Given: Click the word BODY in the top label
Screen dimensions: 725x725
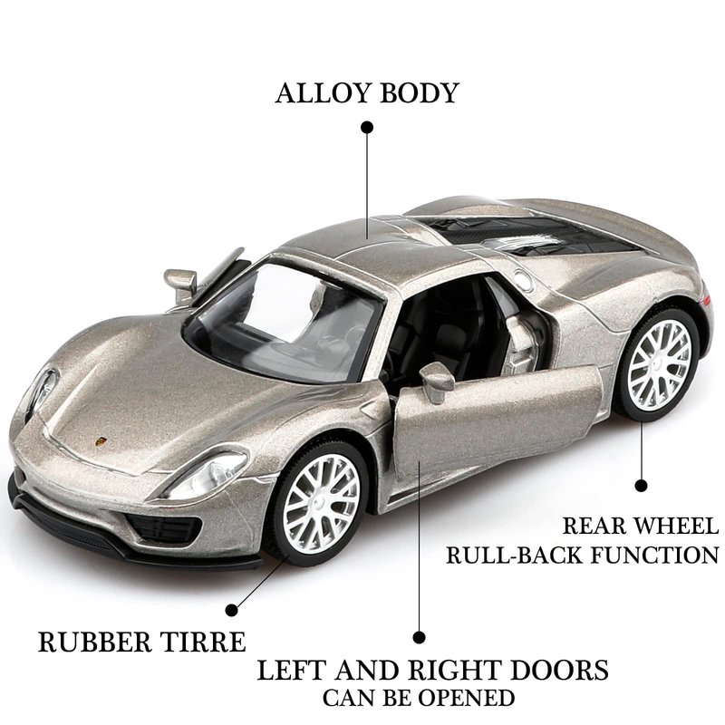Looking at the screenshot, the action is coord(412,93).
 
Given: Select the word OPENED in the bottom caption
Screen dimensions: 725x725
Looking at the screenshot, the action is coord(472,698).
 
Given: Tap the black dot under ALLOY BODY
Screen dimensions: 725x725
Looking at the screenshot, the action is coord(367,128).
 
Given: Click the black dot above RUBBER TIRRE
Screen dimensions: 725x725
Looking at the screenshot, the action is coord(232,610).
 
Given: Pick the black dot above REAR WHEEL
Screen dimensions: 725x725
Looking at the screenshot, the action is coord(641,486).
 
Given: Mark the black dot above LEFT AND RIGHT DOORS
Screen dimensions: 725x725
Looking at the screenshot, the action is coord(419,638).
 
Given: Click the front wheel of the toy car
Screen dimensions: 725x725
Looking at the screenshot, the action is coord(318,503).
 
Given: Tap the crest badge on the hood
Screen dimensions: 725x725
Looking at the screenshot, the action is coord(101,441).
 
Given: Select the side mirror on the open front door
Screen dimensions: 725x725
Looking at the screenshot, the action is coord(436,382).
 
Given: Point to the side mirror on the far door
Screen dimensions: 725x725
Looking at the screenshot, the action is coord(180,282).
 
